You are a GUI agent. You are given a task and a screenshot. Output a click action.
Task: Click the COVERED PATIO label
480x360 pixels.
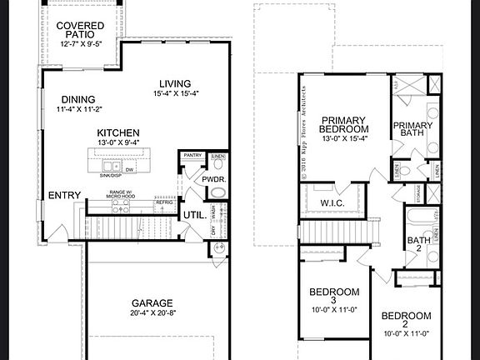81,31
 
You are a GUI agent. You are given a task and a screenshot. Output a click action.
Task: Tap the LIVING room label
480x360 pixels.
172,84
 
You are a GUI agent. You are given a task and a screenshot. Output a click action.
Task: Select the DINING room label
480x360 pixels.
78,100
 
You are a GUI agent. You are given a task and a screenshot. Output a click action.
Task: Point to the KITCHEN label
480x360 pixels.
118,133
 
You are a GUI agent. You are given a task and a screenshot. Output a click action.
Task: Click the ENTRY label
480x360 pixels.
64,196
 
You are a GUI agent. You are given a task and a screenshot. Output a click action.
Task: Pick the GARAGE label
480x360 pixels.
152,303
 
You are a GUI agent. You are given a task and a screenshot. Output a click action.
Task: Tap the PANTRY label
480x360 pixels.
193,156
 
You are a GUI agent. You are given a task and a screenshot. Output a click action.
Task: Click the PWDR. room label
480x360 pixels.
197,179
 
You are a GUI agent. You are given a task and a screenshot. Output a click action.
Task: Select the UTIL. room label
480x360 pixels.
195,215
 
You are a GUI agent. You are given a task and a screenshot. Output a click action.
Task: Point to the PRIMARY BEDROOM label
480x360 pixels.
344,126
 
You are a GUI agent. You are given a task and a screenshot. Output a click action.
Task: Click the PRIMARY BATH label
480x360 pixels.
413,131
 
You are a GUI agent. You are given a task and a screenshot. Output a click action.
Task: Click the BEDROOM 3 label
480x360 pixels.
334,297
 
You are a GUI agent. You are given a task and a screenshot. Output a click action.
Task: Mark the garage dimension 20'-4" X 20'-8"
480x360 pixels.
152,313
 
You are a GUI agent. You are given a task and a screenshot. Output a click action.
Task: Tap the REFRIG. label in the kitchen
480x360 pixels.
164,202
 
